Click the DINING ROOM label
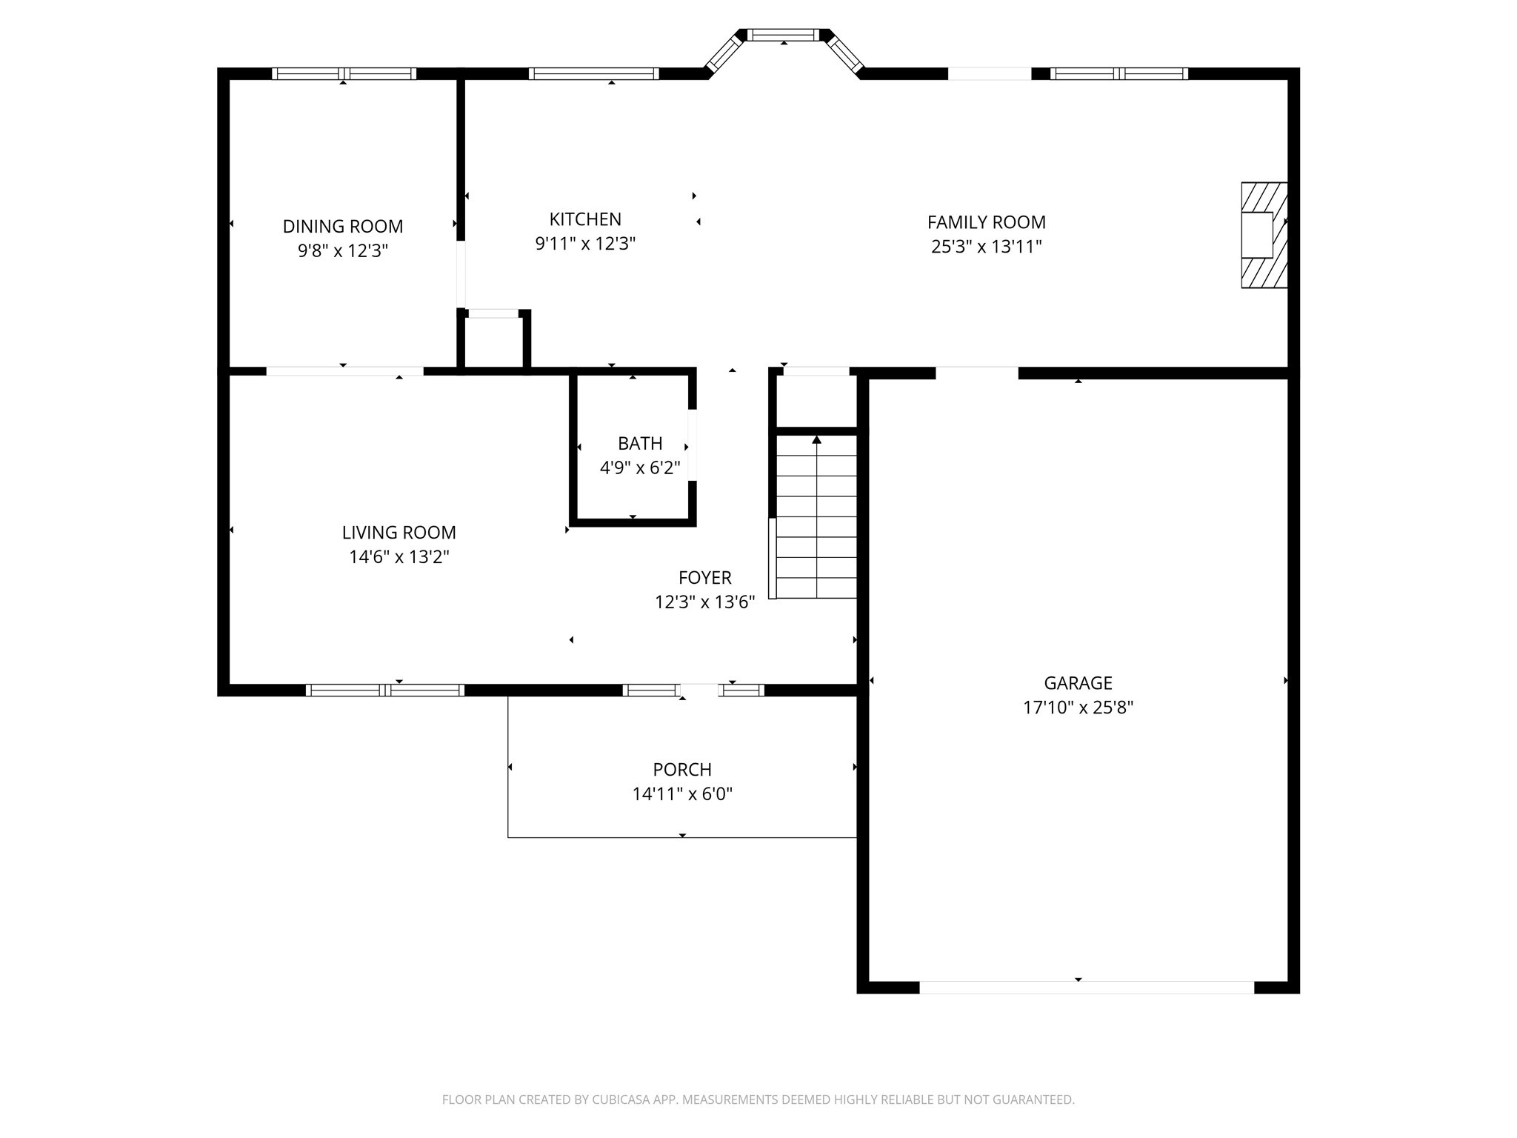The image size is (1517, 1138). (x=343, y=226)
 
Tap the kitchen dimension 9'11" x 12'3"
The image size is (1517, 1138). (x=585, y=244)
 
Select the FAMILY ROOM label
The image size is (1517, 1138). (x=986, y=222)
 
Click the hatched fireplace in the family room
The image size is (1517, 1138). (x=1264, y=235)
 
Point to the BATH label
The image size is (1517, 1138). (x=640, y=443)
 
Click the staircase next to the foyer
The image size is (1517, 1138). (x=816, y=519)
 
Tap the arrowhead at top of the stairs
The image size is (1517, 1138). (x=817, y=440)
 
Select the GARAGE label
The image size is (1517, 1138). (x=1078, y=682)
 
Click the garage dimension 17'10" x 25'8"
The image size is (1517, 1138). (x=1078, y=708)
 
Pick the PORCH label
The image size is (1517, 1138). (x=682, y=769)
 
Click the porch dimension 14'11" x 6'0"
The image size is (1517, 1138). (x=682, y=794)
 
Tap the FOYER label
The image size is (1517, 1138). (x=704, y=577)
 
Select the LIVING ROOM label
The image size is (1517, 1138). (x=399, y=532)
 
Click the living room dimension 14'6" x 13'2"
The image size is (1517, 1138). (x=399, y=557)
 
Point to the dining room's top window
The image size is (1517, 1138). (x=344, y=73)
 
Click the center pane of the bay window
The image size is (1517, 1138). (x=784, y=35)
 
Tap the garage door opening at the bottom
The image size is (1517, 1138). (x=1086, y=987)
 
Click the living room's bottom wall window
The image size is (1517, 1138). (x=384, y=690)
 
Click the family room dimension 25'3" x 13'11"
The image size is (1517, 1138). (x=986, y=247)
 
